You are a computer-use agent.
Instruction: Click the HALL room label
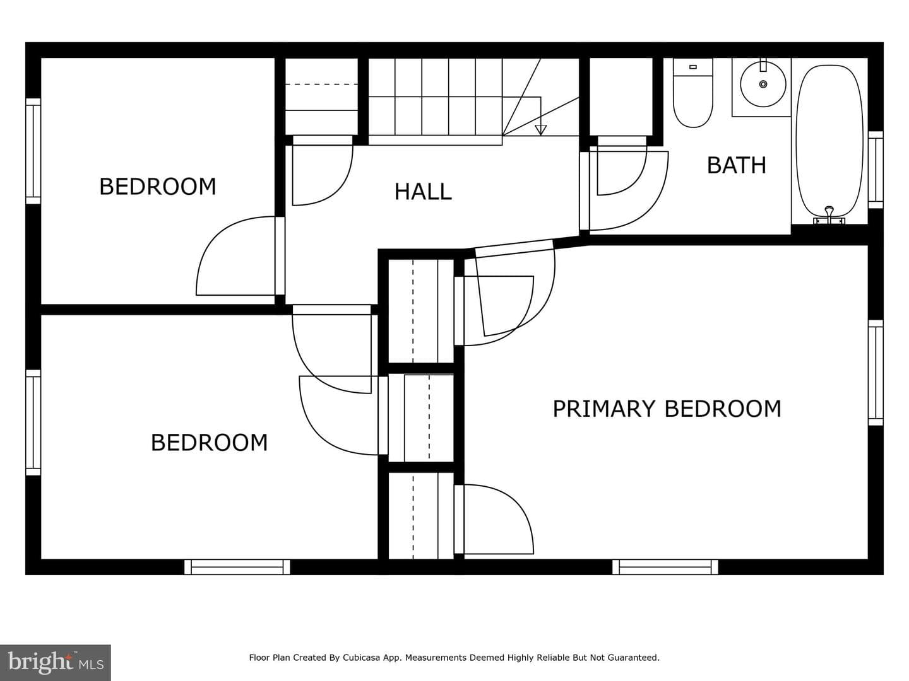click(423, 192)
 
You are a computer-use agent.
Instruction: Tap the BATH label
click(736, 165)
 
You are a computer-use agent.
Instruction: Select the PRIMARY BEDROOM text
click(667, 409)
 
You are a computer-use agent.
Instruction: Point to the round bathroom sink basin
click(763, 84)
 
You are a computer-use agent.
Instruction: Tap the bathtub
click(829, 141)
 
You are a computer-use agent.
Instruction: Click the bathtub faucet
click(829, 215)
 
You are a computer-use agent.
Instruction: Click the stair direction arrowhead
click(540, 130)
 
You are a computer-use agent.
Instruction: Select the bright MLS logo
click(56, 662)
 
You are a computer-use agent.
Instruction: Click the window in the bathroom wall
click(876, 170)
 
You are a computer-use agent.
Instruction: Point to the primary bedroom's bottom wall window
click(665, 567)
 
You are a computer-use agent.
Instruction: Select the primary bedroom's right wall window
click(876, 373)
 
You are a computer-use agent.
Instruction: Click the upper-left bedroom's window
click(33, 151)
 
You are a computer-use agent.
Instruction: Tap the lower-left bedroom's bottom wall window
click(237, 567)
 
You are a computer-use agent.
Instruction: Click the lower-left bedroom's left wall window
click(33, 422)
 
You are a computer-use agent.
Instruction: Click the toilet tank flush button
click(693, 67)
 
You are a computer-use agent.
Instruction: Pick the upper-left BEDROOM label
click(157, 187)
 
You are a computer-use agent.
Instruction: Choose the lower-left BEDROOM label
click(209, 443)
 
